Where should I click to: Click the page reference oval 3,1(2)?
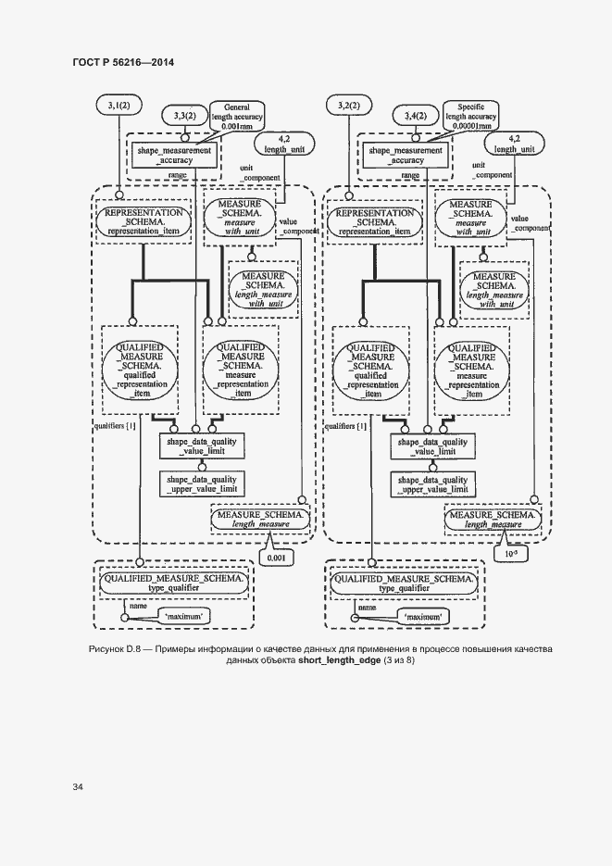[119, 107]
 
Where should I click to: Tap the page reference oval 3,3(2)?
[183, 115]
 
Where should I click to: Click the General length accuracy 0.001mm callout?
[238, 115]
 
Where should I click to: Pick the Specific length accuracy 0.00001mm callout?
[469, 115]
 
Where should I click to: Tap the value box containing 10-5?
[508, 556]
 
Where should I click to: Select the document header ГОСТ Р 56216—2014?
[123, 63]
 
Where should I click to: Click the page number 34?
[78, 787]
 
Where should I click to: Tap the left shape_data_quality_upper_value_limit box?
[201, 483]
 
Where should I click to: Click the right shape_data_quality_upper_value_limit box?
[432, 483]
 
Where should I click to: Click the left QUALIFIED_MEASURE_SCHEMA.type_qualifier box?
[174, 582]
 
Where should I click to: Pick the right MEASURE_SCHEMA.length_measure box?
[490, 519]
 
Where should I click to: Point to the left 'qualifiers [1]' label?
[116, 427]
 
